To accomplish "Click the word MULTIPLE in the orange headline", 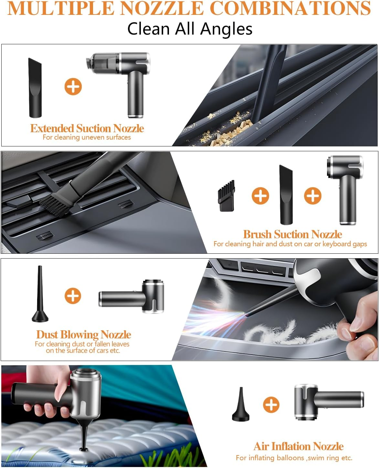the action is coord(61,8).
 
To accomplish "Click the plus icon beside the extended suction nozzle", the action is coord(73,86).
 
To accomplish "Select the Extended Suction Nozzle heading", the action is coord(87,128).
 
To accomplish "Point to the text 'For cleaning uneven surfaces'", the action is coord(87,137).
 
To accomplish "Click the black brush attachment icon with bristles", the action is coord(226,196).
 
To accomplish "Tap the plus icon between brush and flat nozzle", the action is coord(260,196).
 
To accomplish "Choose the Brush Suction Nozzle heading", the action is coord(292,234).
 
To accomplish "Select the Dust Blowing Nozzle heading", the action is coord(84,335).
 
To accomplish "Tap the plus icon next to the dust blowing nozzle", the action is coord(73,296).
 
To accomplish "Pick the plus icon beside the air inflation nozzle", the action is coord(271,405).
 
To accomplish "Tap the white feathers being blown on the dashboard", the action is coord(290,333).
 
